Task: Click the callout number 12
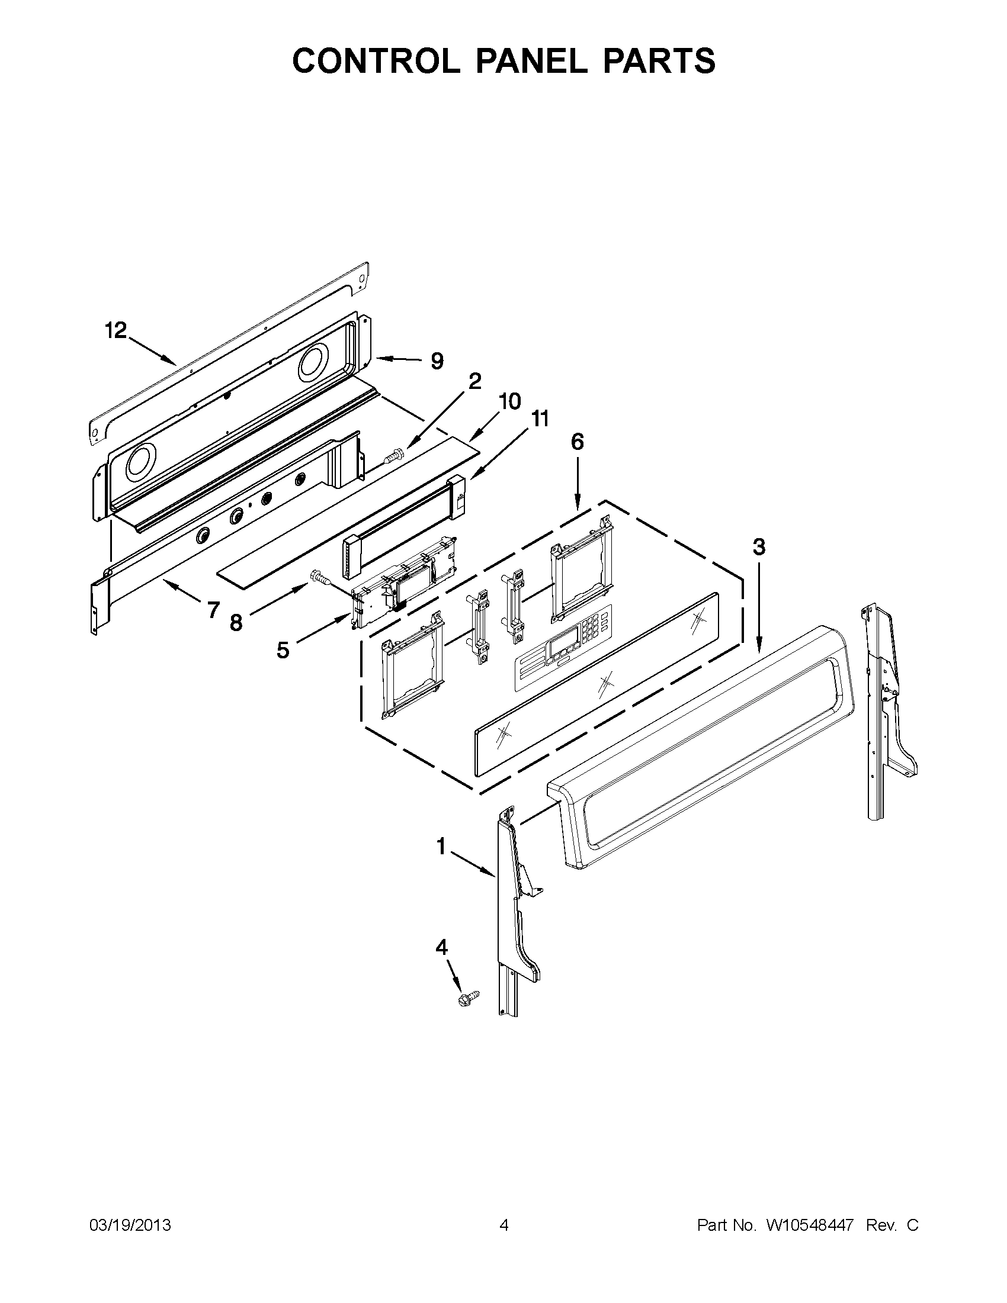point(117,330)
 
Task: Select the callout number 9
point(437,361)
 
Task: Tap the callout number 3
point(758,548)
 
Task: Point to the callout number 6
point(576,442)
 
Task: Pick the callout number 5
point(283,649)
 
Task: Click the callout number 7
point(213,610)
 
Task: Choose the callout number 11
point(540,419)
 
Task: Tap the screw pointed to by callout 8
point(319,577)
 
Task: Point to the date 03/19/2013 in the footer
point(130,1225)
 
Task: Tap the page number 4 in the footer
point(504,1225)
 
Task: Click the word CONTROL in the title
point(377,60)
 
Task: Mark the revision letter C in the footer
point(912,1225)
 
